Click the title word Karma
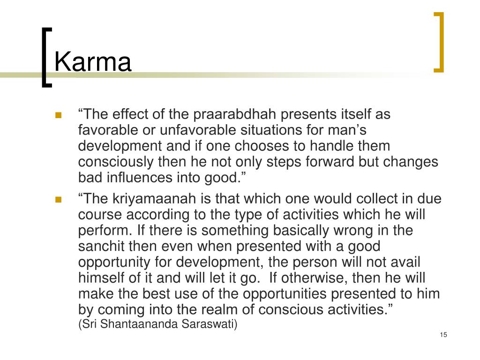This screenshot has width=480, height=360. pos(93,62)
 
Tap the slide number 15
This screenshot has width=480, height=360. pos(444,334)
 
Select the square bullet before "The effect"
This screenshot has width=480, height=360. pos(59,115)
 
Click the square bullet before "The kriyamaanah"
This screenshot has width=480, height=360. pos(59,199)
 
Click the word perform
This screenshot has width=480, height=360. pos(104,231)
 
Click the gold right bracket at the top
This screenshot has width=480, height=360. pos(439,42)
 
